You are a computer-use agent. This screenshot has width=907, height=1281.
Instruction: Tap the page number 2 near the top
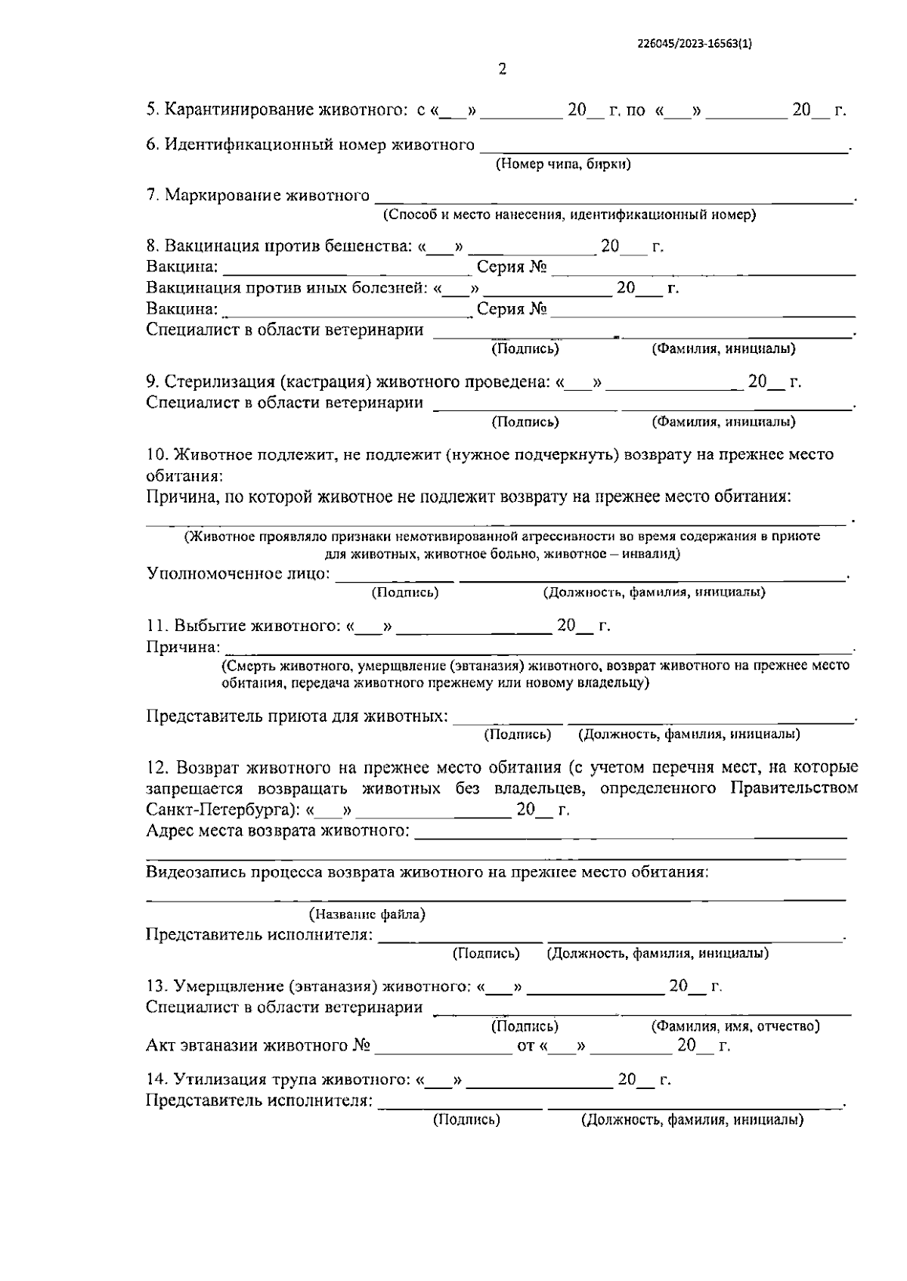503,70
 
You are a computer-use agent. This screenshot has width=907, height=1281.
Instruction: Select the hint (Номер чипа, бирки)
563,163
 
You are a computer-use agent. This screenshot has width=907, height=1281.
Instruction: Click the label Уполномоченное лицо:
238,574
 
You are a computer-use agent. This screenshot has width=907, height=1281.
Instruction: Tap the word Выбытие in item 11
211,626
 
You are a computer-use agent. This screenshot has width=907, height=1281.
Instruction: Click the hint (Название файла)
368,914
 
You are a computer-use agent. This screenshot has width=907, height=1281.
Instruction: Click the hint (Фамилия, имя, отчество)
735,1026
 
